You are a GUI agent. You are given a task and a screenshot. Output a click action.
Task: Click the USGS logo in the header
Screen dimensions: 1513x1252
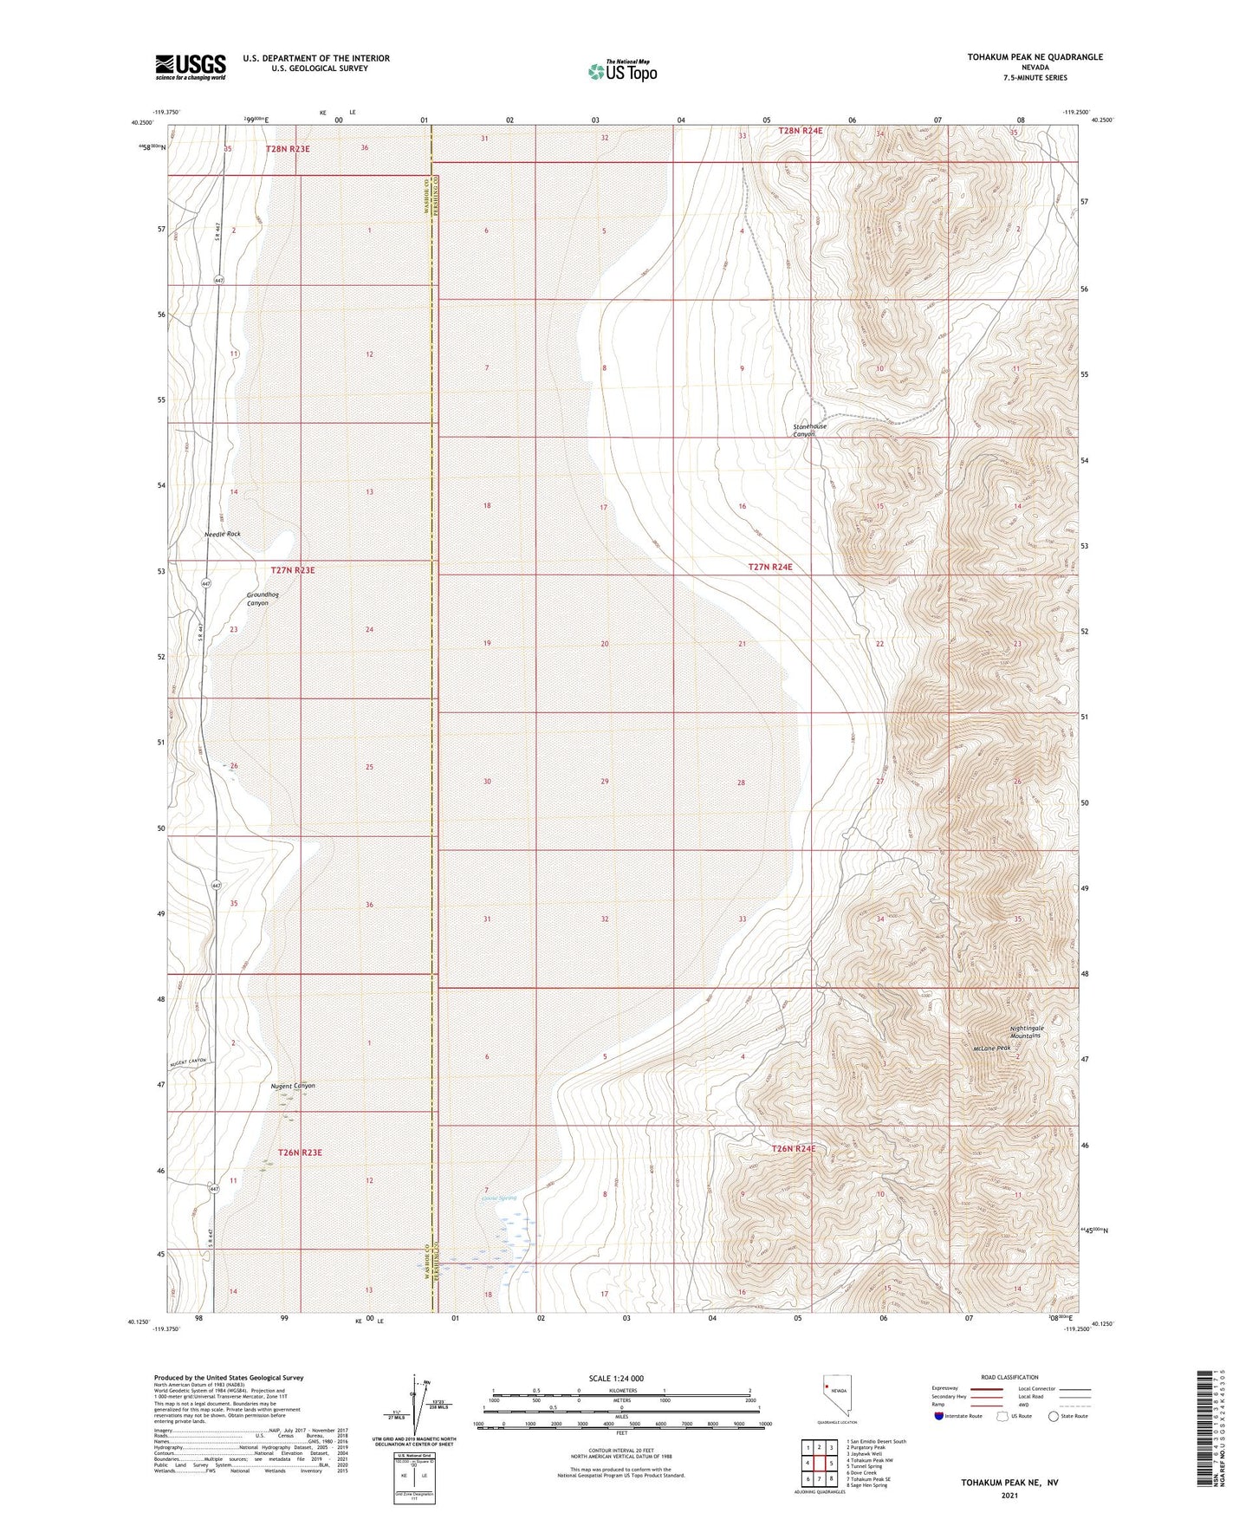pos(191,67)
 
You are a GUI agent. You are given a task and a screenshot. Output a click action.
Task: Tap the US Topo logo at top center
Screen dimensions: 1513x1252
pos(621,71)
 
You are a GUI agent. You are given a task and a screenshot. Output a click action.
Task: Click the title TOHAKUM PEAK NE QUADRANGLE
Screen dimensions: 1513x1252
pos(1035,57)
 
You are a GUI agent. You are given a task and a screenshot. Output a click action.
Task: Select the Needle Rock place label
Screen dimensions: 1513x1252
pos(223,534)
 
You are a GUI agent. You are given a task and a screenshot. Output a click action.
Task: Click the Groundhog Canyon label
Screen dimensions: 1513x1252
pos(262,599)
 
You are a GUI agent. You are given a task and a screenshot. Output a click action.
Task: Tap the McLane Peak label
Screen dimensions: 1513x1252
pos(991,1048)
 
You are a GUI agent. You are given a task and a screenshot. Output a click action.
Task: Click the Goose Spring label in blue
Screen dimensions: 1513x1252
pos(499,1198)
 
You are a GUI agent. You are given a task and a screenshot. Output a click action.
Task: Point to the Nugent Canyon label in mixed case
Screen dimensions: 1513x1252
pos(293,1086)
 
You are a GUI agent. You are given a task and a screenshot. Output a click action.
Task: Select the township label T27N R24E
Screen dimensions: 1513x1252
pos(770,567)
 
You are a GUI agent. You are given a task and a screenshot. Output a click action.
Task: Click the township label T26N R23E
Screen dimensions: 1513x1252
pos(300,1153)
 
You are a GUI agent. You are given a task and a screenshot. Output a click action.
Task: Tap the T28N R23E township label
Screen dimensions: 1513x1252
pos(287,149)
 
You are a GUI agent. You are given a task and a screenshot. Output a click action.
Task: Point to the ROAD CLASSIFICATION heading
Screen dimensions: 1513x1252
pos(1010,1377)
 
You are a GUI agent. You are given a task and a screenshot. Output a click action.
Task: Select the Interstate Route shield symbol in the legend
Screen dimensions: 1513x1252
pos(939,1417)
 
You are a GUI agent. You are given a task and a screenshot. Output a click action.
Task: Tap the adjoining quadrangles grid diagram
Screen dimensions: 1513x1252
pos(819,1464)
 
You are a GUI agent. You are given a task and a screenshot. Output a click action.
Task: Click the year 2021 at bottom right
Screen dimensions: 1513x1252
pos(1009,1495)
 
